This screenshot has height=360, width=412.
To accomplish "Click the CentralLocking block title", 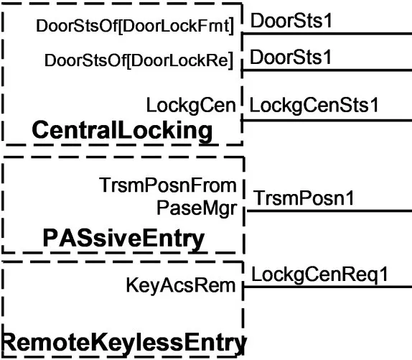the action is click(x=122, y=131).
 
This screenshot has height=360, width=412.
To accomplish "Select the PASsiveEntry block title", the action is click(x=123, y=239).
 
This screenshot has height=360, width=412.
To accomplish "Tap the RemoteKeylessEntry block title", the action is click(x=123, y=342).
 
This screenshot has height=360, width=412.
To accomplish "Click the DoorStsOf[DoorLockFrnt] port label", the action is click(x=135, y=27).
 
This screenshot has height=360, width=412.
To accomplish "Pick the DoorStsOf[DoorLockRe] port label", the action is click(x=139, y=60).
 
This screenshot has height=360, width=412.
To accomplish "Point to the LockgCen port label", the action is click(x=191, y=106).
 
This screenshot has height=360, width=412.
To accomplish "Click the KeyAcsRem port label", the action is click(x=181, y=285).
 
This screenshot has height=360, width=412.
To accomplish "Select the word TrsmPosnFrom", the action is click(x=168, y=185).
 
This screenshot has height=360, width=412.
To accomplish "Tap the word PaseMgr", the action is click(x=197, y=208).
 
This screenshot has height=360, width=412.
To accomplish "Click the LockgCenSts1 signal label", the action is click(x=314, y=105).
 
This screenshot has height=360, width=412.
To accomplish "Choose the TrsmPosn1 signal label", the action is click(x=304, y=198).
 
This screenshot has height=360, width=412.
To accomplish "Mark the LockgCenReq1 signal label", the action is click(x=320, y=274).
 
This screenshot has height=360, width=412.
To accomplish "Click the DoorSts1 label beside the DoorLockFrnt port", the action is click(x=291, y=21).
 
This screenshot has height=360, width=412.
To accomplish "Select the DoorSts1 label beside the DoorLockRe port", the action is click(x=291, y=57).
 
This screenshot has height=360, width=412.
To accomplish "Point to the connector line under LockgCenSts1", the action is click(x=327, y=121).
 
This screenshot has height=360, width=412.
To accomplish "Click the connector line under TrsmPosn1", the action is click(x=329, y=211).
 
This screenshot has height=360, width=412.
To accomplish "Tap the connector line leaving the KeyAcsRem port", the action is click(x=327, y=287).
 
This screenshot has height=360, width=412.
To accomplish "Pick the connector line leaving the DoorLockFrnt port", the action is click(x=327, y=34).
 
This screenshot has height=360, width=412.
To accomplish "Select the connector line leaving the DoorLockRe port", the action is click(x=327, y=70).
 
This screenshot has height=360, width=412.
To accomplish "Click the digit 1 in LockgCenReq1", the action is click(x=384, y=274).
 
